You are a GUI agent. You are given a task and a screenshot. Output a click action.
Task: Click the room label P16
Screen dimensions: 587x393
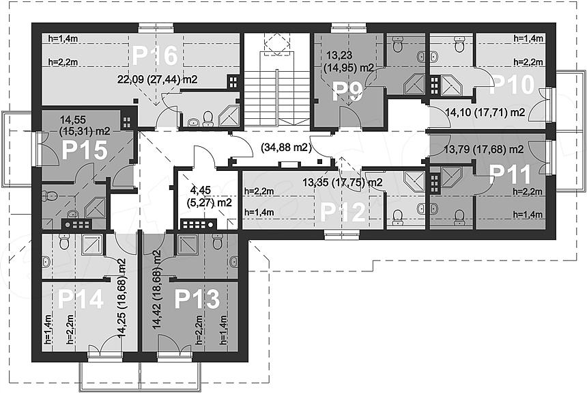tap(154, 55)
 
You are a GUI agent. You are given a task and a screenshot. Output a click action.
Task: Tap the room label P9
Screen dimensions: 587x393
tap(348, 92)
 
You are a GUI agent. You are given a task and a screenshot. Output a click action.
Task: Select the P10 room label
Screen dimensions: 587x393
tap(512, 84)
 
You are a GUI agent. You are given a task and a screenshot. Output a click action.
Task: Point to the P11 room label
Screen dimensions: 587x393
tap(510, 174)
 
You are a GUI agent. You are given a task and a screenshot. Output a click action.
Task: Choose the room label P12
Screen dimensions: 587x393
tap(343, 213)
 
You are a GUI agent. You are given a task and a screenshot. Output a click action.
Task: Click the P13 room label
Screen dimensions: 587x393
tap(197, 299)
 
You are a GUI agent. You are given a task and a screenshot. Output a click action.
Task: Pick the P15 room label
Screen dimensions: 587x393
tap(85, 150)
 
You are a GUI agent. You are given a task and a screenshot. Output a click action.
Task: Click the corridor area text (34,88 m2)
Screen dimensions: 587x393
tap(287, 148)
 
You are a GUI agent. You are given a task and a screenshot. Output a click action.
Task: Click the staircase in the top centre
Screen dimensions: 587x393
tap(277, 81)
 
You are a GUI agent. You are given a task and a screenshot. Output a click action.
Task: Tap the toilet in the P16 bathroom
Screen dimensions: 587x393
tap(207, 119)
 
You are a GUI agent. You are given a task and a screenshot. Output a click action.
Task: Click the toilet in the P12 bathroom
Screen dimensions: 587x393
tap(397, 217)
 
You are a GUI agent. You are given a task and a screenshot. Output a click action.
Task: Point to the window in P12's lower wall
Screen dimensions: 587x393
tap(342, 235)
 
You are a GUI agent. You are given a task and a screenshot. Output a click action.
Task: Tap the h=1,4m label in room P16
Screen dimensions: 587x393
tap(63, 38)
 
